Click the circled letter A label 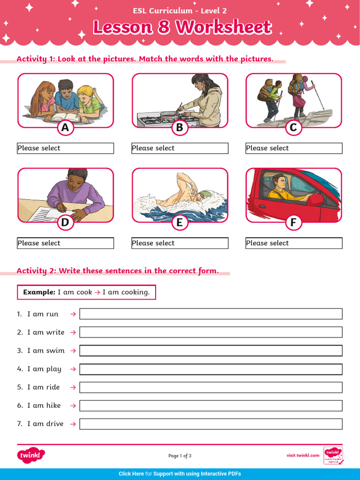(65, 127)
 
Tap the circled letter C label (293, 127)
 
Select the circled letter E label (179, 223)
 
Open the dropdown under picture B (180, 148)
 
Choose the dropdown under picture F (294, 243)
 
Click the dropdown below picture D (66, 243)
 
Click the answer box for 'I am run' (211, 314)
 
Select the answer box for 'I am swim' (211, 351)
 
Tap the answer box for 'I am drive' (211, 424)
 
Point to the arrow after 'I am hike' (73, 406)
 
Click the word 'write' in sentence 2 (55, 332)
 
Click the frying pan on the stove (169, 113)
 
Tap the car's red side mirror (315, 199)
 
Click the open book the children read (66, 116)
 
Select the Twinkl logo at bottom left (31, 455)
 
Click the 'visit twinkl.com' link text (303, 455)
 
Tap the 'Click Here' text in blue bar (131, 474)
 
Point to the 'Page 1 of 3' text (180, 456)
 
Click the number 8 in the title (164, 27)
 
